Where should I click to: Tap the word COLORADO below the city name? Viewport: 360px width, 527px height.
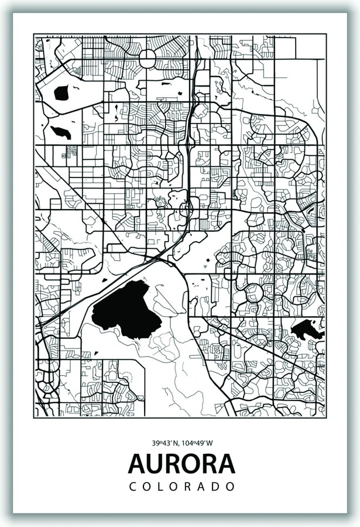(x=181, y=487)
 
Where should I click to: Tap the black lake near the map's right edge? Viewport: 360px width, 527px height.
(x=307, y=330)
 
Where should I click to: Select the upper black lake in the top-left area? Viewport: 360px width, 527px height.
(x=61, y=92)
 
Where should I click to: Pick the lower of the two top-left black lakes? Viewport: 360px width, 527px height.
(x=61, y=132)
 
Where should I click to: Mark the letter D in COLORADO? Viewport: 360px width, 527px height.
(x=216, y=487)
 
